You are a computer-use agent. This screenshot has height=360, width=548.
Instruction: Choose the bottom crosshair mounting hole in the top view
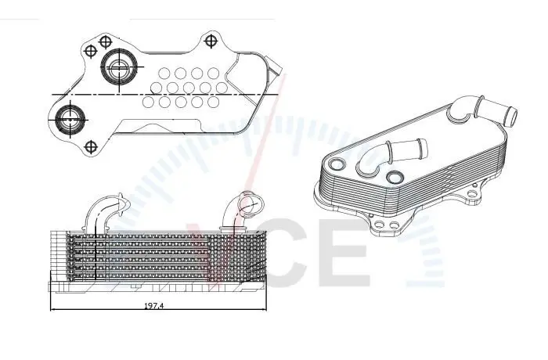coord(91,146)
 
